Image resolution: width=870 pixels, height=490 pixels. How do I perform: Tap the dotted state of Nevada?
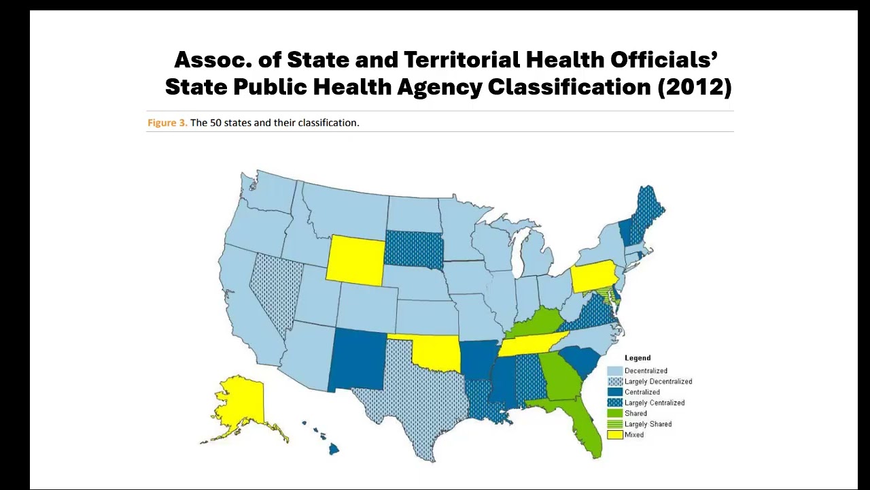(275, 293)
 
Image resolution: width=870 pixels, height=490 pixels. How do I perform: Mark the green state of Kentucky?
(537, 324)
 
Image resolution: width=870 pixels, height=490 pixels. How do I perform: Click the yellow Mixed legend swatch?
(614, 435)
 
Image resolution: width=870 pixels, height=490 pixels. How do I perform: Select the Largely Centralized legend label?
(654, 403)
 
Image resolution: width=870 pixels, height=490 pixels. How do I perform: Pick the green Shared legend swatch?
(614, 413)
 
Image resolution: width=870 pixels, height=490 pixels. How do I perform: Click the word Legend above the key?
(638, 358)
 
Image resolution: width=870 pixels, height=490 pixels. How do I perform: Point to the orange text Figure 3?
(167, 123)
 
